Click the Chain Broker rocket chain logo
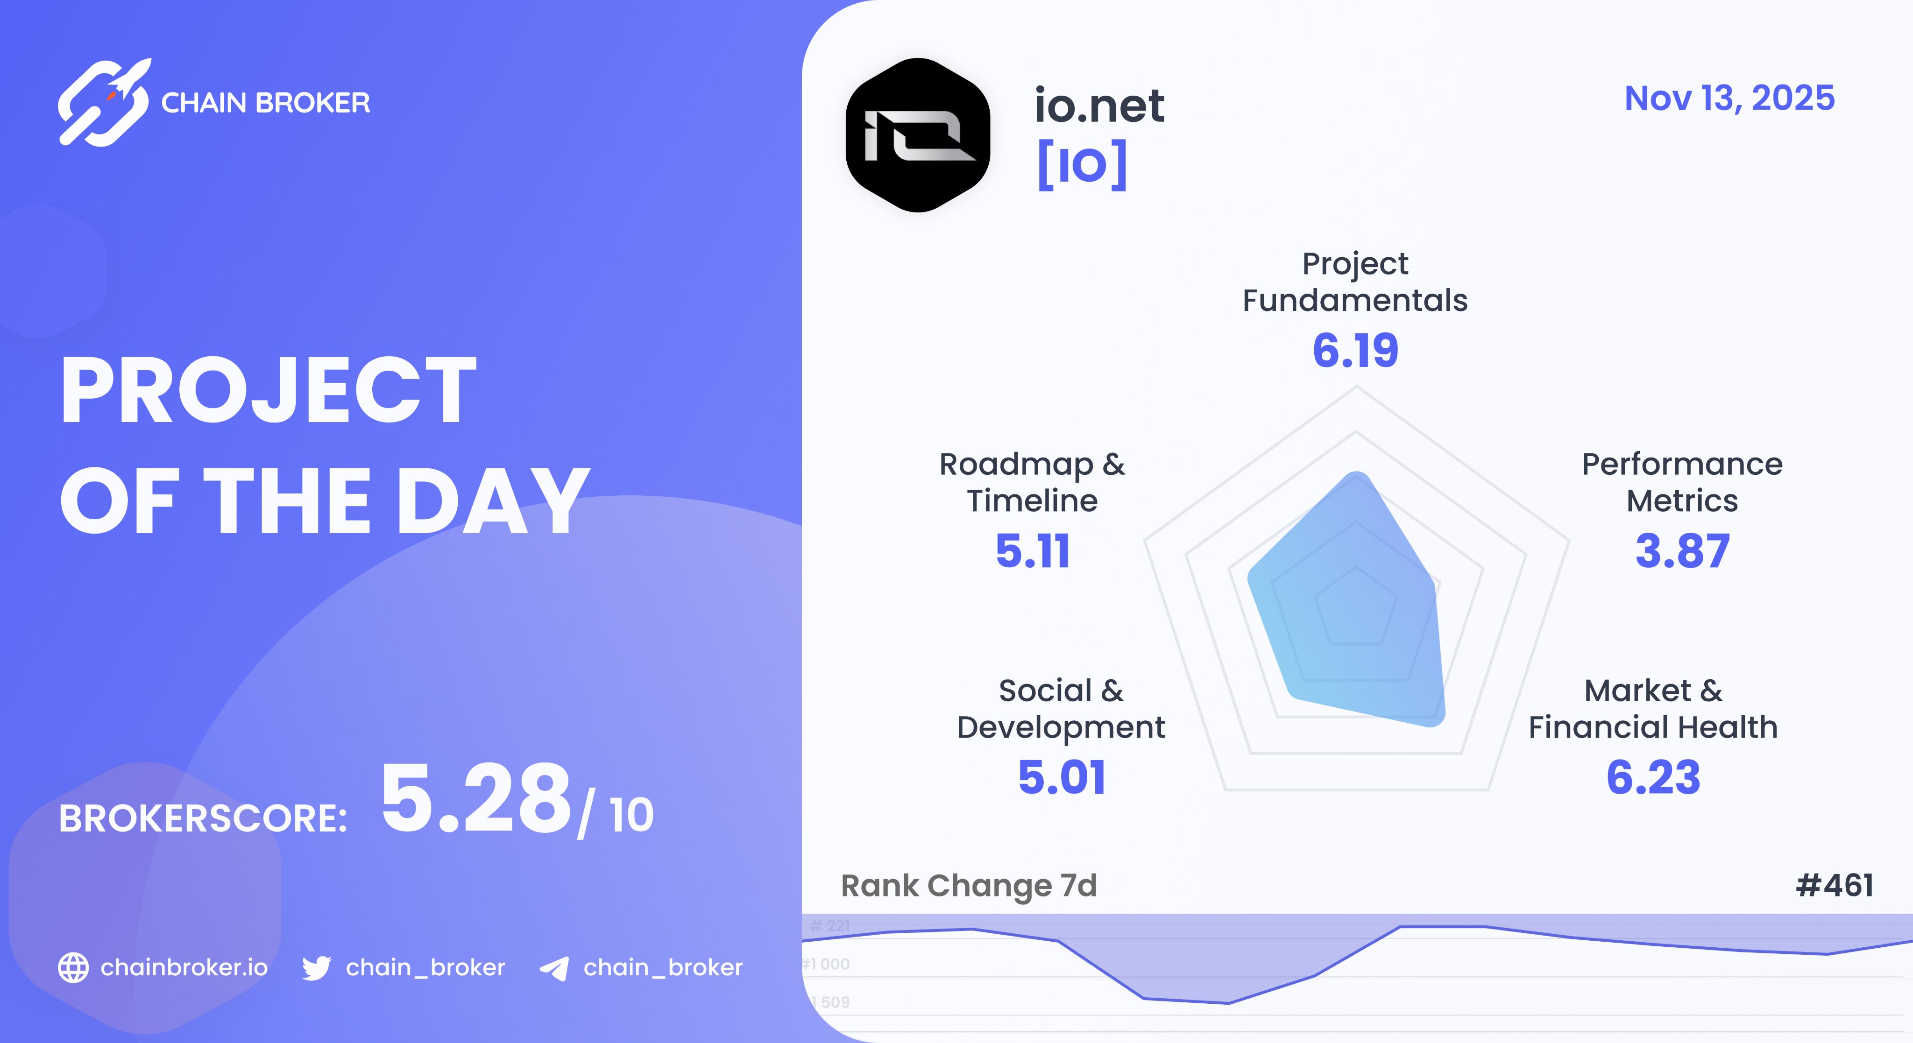point(104,102)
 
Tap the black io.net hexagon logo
point(918,135)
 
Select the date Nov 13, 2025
point(1729,98)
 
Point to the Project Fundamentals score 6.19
point(1355,350)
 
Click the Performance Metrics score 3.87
point(1682,551)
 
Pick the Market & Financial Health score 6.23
point(1653,777)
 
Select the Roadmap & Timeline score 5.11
point(1032,551)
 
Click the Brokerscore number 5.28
point(476,799)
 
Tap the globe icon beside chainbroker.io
point(73,967)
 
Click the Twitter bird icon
point(316,968)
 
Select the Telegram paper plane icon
point(554,968)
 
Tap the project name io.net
point(1099,106)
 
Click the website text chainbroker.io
point(184,967)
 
